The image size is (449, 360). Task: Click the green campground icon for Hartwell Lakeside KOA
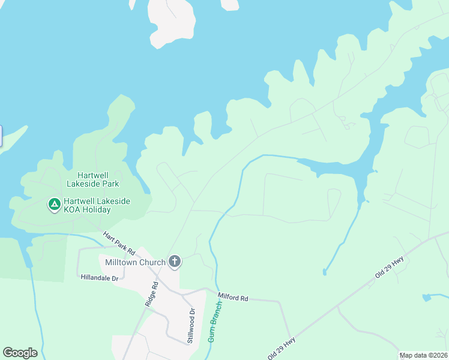point(54,205)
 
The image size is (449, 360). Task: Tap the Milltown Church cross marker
point(175,261)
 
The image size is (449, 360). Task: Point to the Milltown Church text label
point(135,262)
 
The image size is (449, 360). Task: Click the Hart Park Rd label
point(119,242)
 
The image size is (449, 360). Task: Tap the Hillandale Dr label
point(101,277)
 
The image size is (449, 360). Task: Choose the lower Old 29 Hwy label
point(282,348)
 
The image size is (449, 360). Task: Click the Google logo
point(20,353)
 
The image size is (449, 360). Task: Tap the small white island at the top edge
point(230,4)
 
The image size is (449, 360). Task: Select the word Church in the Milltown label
point(151,262)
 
